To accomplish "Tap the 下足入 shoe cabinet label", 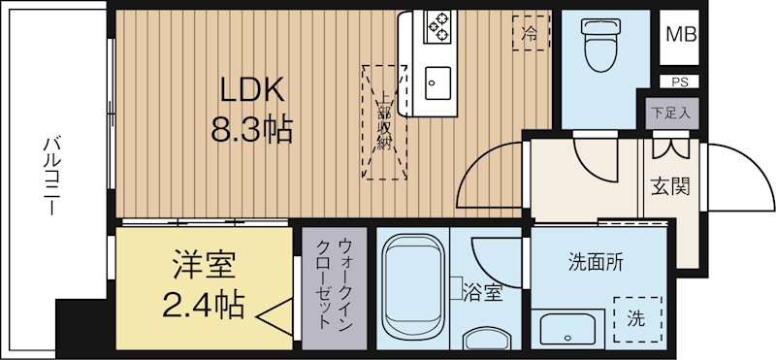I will (669, 113).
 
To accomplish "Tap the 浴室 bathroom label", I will (482, 291).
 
